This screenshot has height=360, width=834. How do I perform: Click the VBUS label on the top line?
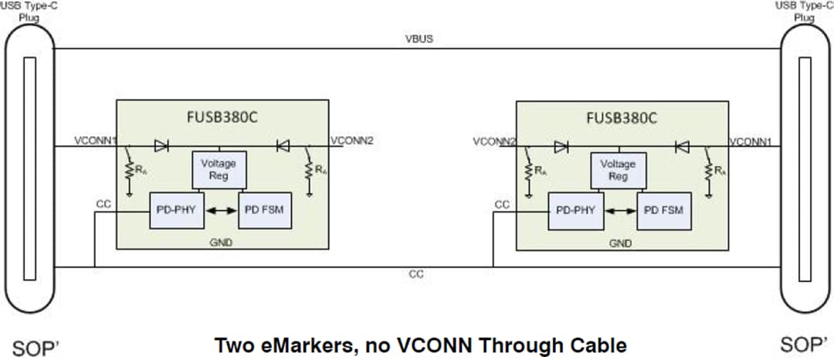click(418, 39)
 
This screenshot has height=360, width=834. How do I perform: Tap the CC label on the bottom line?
click(415, 274)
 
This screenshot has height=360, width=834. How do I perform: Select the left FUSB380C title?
click(222, 118)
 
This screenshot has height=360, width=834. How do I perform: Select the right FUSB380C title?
click(622, 118)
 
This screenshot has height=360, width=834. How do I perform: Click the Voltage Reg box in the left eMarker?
click(219, 169)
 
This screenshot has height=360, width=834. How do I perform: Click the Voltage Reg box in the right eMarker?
click(618, 169)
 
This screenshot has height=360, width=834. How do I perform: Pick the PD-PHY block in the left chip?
click(175, 210)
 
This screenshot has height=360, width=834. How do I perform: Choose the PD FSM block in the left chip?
click(265, 210)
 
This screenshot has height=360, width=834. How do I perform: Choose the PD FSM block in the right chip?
click(664, 210)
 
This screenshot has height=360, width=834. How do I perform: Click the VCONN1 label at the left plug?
click(95, 141)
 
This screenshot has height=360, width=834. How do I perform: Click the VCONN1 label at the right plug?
click(752, 141)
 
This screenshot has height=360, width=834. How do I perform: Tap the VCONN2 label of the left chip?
click(352, 141)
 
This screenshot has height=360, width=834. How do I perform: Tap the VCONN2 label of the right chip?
click(494, 141)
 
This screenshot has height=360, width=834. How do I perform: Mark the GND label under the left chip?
click(222, 242)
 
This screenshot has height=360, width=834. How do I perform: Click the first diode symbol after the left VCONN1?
click(161, 145)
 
